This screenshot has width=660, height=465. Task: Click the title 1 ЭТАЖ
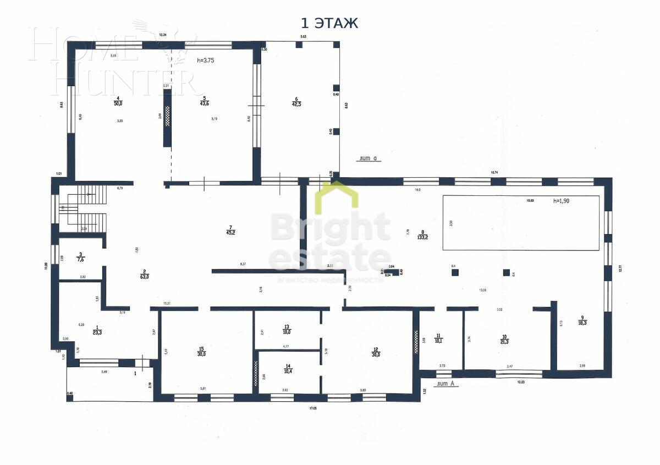(x=329, y=23)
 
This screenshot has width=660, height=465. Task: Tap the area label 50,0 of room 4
(x=118, y=103)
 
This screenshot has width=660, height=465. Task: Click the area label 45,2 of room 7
(x=230, y=232)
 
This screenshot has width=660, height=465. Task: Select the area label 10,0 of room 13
(x=286, y=332)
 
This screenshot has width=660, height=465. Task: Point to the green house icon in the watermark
(x=336, y=196)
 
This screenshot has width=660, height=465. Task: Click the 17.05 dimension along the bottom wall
(x=312, y=408)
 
